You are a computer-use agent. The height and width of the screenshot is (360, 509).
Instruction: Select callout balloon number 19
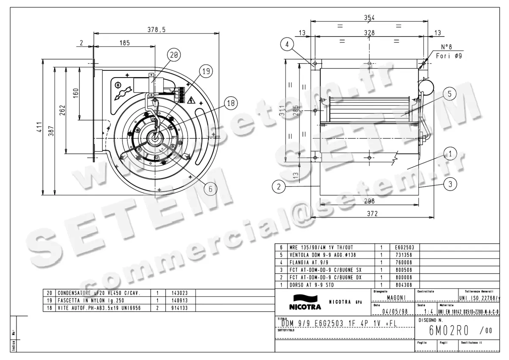point(206,72)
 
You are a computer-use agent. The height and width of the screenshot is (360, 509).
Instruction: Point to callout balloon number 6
point(210,189)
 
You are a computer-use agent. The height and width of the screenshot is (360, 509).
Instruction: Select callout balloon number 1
point(450,153)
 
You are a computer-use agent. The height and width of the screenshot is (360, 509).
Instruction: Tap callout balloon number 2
point(278,185)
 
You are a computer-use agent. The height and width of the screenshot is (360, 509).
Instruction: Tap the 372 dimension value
point(372,214)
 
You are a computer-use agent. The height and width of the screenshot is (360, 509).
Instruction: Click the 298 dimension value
point(369,202)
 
